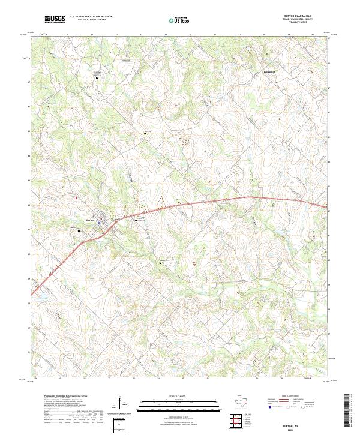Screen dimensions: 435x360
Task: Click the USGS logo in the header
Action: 55,20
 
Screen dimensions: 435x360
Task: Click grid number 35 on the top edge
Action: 190,34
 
